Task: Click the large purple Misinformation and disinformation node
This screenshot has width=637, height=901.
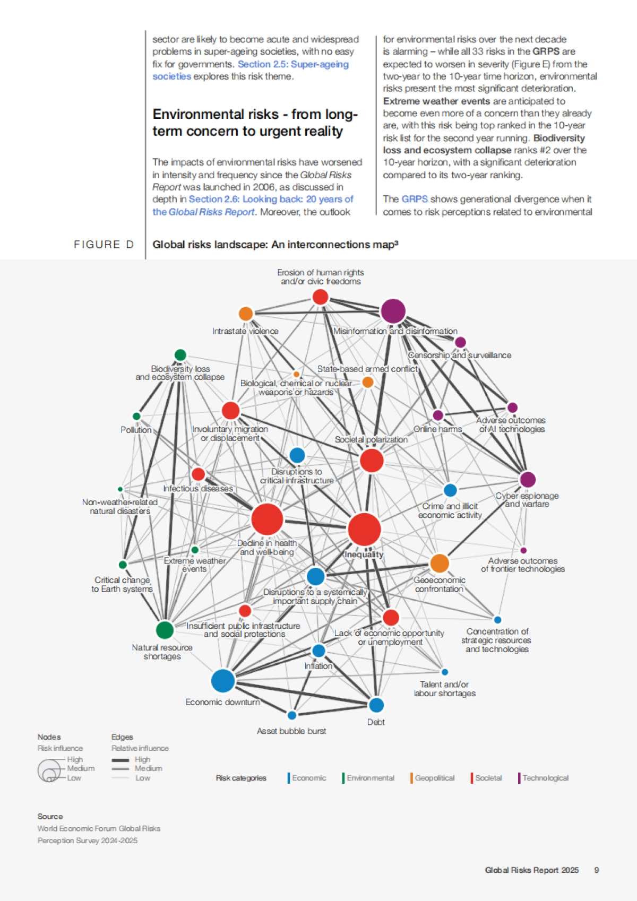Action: tap(393, 311)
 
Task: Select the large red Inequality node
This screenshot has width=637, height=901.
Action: tap(364, 529)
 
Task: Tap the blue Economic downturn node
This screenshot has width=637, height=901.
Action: tap(223, 681)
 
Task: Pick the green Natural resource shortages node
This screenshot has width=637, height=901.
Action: tap(165, 630)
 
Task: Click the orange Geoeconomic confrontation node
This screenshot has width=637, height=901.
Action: tap(440, 563)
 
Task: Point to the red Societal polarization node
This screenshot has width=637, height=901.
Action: tap(372, 460)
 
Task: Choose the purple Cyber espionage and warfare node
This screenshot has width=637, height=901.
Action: tap(527, 480)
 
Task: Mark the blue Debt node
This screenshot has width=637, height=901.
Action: tap(376, 705)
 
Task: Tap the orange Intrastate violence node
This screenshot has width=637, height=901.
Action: tap(245, 314)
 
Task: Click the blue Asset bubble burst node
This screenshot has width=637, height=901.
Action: tap(291, 715)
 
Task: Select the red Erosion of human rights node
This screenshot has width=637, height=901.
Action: tap(320, 297)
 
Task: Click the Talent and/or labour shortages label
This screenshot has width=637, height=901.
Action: tap(444, 689)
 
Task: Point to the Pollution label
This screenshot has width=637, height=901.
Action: tap(136, 430)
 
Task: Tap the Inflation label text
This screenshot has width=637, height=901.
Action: tap(318, 666)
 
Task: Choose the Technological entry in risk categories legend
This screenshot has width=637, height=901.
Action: tap(545, 778)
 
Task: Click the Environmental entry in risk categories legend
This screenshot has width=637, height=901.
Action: tap(370, 778)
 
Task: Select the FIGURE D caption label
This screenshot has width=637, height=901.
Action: tap(104, 245)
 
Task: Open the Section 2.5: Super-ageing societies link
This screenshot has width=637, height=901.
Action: tap(293, 64)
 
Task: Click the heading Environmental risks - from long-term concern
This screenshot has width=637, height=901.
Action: tap(255, 123)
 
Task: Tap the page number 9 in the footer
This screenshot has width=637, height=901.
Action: tap(597, 870)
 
